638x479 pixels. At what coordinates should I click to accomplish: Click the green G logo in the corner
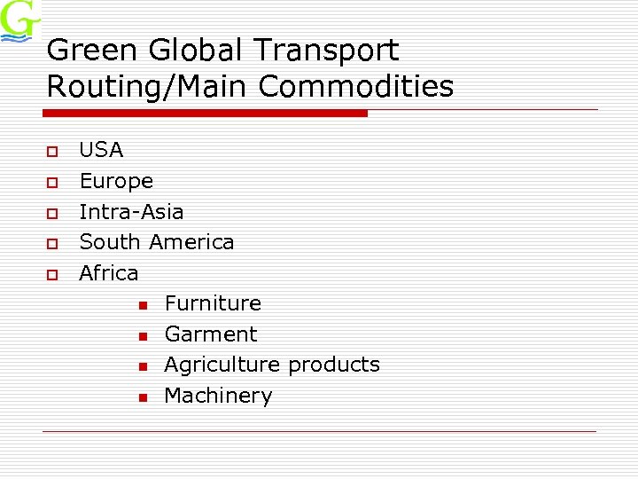click(x=19, y=21)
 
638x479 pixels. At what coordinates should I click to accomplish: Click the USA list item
click(x=101, y=150)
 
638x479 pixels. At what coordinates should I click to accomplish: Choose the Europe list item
click(x=116, y=181)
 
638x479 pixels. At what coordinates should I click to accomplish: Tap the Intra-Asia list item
click(x=131, y=212)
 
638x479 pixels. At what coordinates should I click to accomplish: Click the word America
click(x=192, y=242)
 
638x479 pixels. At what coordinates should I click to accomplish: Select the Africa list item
click(x=109, y=273)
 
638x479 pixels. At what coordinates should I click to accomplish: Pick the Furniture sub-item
click(x=213, y=303)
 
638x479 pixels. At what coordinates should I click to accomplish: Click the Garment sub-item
click(x=211, y=334)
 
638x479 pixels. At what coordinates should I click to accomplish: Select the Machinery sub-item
click(x=218, y=396)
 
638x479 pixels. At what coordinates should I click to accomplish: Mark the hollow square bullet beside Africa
click(x=52, y=274)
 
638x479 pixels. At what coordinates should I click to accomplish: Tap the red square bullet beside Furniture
click(x=142, y=305)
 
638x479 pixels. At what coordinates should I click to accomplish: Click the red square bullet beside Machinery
click(x=142, y=397)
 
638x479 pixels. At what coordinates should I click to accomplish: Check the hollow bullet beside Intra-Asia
click(x=52, y=213)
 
